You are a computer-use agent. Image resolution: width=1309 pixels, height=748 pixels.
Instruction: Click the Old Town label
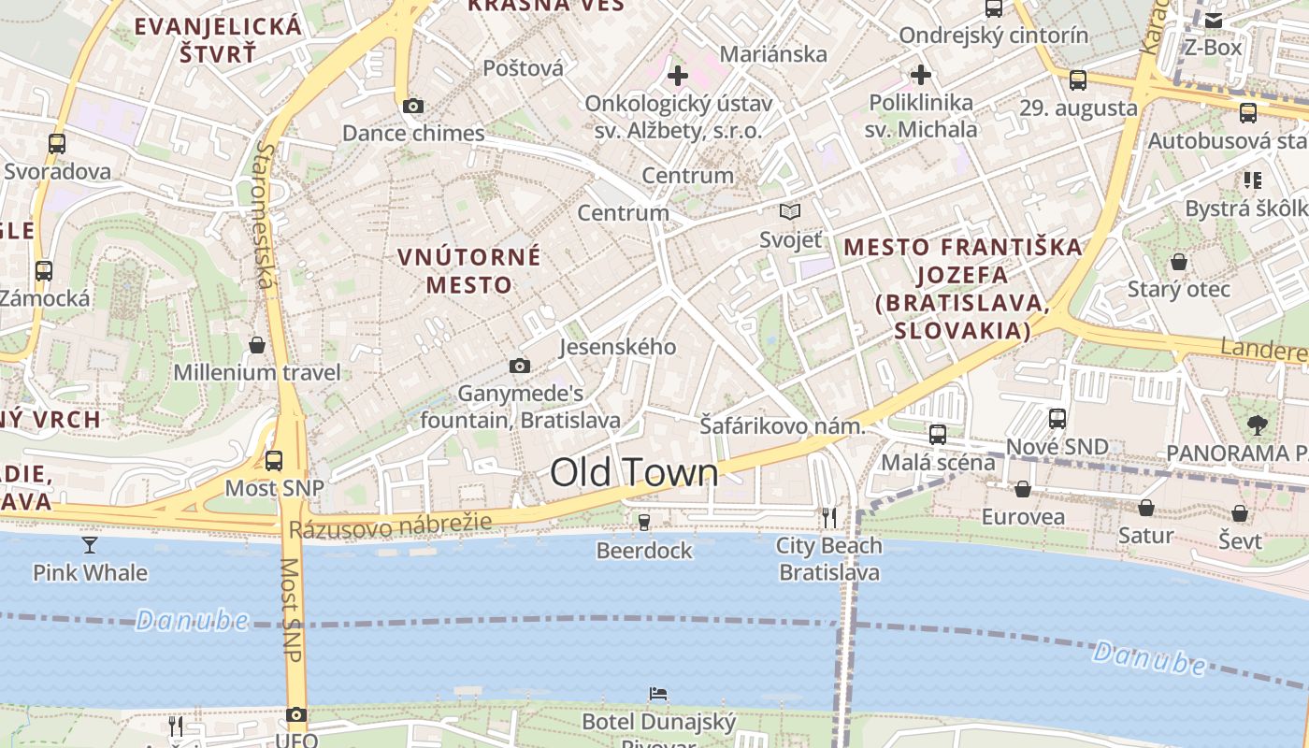(634, 472)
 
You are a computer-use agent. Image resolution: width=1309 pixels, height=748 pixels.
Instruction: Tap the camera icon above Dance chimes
(412, 107)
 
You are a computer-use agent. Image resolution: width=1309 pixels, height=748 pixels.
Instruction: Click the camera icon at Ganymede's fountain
(520, 367)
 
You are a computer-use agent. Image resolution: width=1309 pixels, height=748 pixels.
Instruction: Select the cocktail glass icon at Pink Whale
(90, 544)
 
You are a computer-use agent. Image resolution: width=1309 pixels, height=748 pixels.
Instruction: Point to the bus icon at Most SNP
(274, 460)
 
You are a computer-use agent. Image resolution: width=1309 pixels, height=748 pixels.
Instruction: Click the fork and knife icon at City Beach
(828, 517)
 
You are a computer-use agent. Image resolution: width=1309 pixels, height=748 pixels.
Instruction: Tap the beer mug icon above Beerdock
(643, 522)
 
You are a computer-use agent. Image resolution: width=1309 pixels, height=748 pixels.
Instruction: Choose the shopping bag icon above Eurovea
(1023, 489)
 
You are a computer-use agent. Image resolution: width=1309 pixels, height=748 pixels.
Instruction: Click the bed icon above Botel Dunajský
(658, 694)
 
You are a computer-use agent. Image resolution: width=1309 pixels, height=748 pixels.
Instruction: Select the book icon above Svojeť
(790, 212)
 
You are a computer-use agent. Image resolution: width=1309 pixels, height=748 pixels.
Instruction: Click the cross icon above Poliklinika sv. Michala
(921, 75)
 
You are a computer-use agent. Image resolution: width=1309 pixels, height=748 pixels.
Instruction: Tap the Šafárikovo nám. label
(783, 426)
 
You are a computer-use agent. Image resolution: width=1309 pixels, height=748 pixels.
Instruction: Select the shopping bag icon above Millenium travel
(257, 345)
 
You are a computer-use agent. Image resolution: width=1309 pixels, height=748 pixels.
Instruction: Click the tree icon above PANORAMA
(1258, 425)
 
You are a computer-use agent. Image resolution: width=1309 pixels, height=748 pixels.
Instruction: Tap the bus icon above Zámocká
(44, 271)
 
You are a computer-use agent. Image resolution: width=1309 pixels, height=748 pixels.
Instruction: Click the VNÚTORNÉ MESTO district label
(469, 270)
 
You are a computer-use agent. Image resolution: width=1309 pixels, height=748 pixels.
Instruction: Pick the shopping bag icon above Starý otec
(1179, 261)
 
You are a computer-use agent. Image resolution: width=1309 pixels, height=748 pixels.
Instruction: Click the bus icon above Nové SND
(1057, 418)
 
